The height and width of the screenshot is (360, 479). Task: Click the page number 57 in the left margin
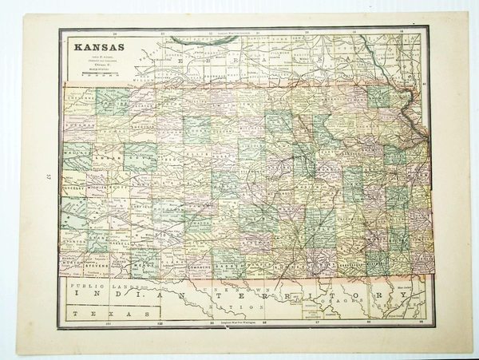(48, 177)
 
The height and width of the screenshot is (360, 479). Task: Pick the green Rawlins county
(113, 101)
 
